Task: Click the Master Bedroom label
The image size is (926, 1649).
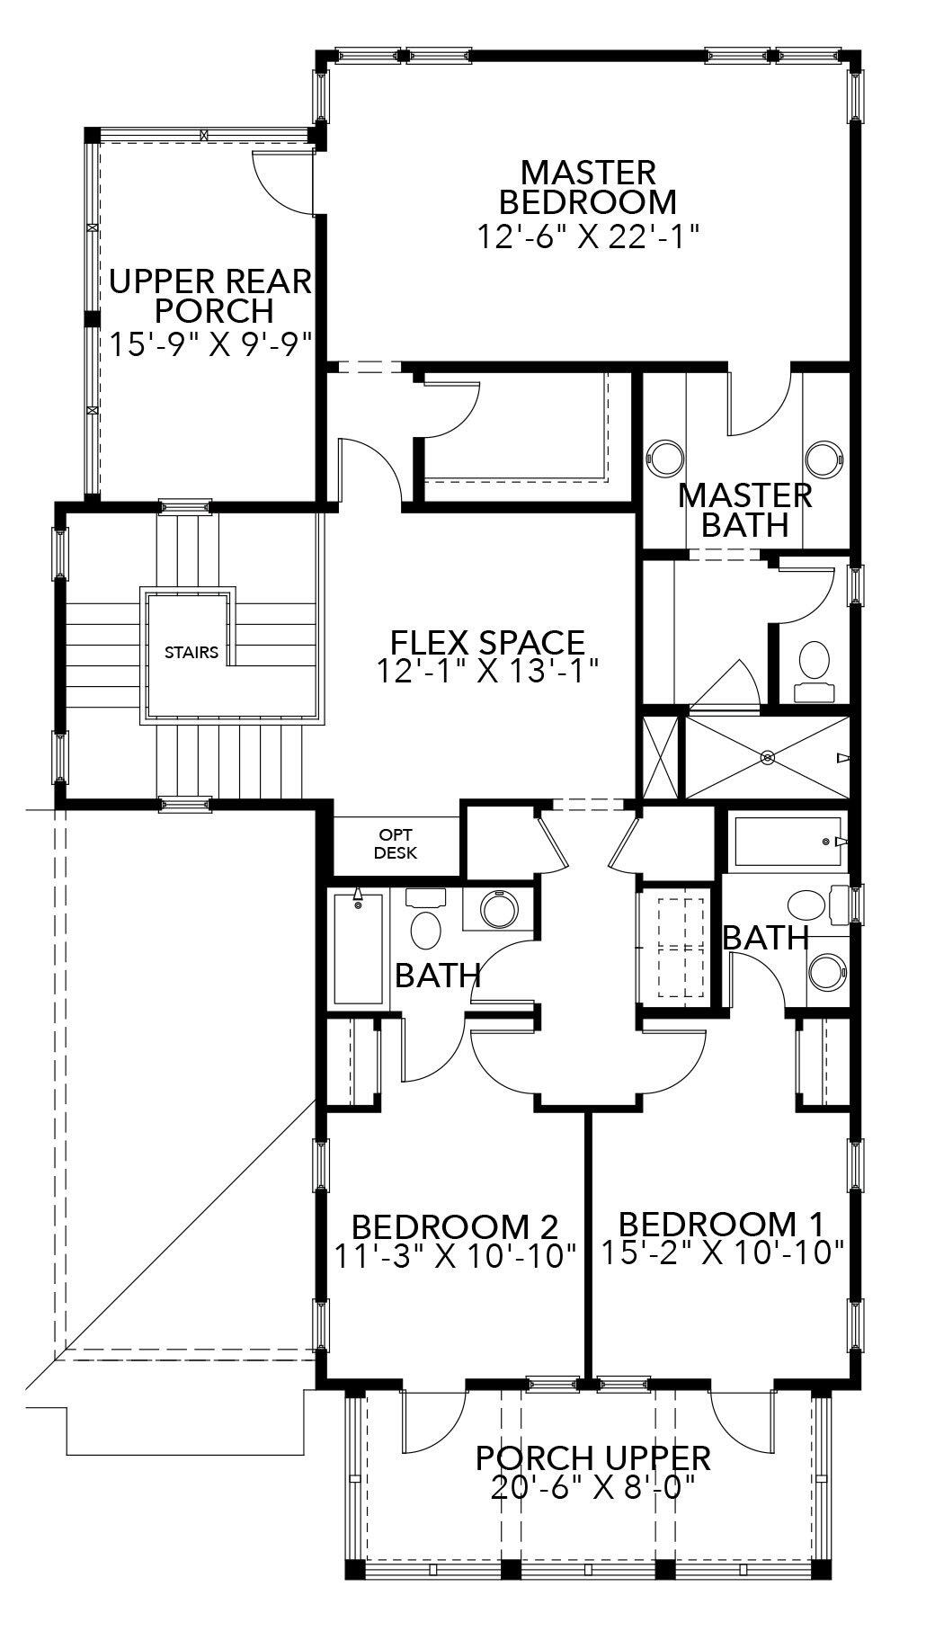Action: pyautogui.click(x=588, y=186)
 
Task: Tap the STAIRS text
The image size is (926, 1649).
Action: pyautogui.click(x=191, y=652)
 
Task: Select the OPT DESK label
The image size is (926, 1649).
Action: pyautogui.click(x=396, y=843)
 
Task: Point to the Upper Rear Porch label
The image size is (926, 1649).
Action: pyautogui.click(x=211, y=296)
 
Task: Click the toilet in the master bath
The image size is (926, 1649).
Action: pyautogui.click(x=815, y=662)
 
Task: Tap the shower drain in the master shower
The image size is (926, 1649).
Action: pyautogui.click(x=768, y=757)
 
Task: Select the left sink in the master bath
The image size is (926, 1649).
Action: pyautogui.click(x=667, y=456)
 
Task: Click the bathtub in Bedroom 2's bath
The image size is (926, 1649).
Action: pyautogui.click(x=358, y=947)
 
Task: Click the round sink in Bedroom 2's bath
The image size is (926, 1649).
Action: pyautogui.click(x=498, y=910)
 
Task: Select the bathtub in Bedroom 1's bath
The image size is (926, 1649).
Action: pyautogui.click(x=788, y=842)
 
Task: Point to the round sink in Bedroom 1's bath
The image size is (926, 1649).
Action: pyautogui.click(x=825, y=972)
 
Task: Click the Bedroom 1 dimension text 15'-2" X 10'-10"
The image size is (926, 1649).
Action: pyautogui.click(x=722, y=1251)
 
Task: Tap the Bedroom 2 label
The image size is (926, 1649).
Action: pyautogui.click(x=455, y=1226)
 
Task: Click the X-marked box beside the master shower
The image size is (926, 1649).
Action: pyautogui.click(x=659, y=757)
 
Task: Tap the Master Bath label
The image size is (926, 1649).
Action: pyautogui.click(x=745, y=509)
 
